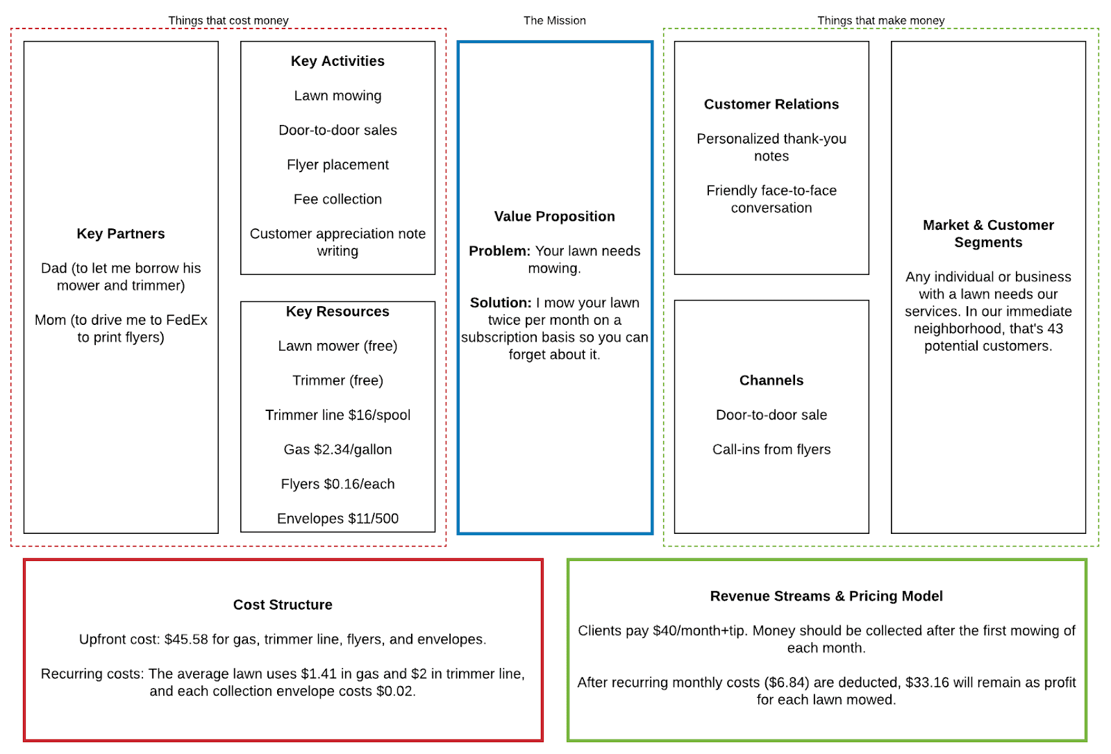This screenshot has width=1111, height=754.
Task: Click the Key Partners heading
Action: pyautogui.click(x=121, y=234)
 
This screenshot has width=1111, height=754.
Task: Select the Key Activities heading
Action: pyautogui.click(x=337, y=61)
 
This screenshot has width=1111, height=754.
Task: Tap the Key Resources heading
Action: pyautogui.click(x=337, y=312)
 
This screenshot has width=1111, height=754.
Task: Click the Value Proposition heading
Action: pyautogui.click(x=554, y=217)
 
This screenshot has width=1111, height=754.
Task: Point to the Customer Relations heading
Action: pyautogui.click(x=771, y=104)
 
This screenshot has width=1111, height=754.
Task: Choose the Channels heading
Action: pyautogui.click(x=771, y=380)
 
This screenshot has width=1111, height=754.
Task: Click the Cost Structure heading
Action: pyautogui.click(x=283, y=605)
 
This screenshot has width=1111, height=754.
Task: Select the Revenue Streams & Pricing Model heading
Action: pyautogui.click(x=826, y=596)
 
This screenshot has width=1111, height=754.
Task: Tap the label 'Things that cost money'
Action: pyautogui.click(x=228, y=21)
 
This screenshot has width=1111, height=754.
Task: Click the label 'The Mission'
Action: pyautogui.click(x=554, y=21)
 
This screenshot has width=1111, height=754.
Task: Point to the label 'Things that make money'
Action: pyautogui.click(x=880, y=21)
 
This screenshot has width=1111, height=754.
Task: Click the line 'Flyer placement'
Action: pyautogui.click(x=337, y=165)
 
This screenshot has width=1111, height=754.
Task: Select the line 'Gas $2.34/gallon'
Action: pyautogui.click(x=337, y=450)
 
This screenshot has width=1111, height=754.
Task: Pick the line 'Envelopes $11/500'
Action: pyautogui.click(x=337, y=519)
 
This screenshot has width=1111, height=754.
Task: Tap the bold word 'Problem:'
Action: pyautogui.click(x=499, y=251)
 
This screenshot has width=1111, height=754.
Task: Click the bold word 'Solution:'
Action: pyautogui.click(x=500, y=303)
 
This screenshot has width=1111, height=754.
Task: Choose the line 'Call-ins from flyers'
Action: pyautogui.click(x=771, y=450)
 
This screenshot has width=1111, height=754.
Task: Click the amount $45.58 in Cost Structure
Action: pyautogui.click(x=185, y=639)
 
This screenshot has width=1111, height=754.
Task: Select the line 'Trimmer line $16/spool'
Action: pyautogui.click(x=337, y=415)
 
